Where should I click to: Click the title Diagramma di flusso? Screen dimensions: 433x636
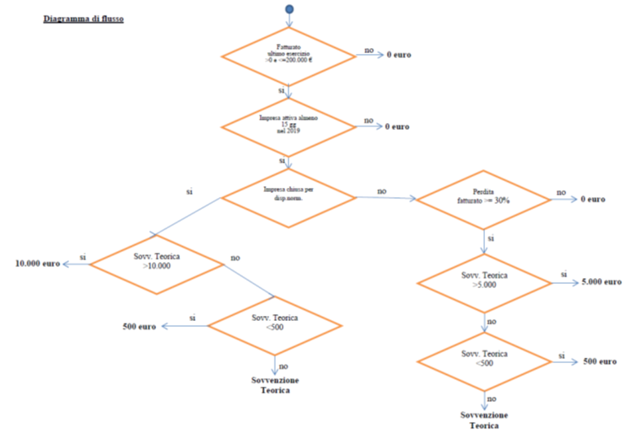pos(84,18)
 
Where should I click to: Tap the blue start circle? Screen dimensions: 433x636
pos(289,9)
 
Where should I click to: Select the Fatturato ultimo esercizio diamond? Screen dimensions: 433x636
pos(289,56)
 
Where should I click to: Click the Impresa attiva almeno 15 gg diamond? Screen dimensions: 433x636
pos(289,126)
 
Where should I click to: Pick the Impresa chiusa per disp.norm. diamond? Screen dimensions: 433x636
pos(289,197)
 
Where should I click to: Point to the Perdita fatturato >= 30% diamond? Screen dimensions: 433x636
pos(486,200)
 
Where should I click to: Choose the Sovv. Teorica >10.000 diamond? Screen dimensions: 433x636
pos(157,264)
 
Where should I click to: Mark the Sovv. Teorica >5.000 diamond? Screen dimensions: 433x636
pos(486,281)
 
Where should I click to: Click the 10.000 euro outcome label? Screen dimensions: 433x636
pos(38,264)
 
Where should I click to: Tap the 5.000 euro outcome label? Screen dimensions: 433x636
pos(601,282)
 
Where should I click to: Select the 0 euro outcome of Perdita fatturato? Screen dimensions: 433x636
pos(593,200)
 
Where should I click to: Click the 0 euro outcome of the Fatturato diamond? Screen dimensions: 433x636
pos(398,56)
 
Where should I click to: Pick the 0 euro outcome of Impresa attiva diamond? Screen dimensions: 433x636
pos(398,126)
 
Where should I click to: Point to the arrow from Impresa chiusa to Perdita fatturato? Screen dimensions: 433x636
pos(386,199)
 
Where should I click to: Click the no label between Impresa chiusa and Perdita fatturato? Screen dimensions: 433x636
pos(381,191)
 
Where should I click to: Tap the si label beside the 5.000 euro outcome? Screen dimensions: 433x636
pos(563,275)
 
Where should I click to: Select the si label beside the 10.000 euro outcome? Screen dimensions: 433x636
pos(83,256)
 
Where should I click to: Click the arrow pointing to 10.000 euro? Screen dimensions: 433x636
pos(77,264)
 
